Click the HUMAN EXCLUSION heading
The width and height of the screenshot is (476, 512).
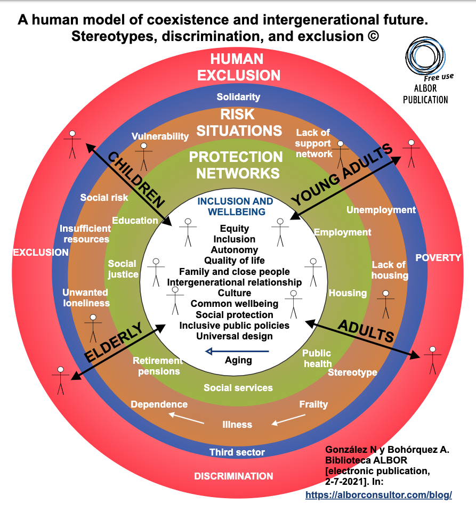tap(238, 67)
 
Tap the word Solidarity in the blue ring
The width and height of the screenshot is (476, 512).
tap(238, 97)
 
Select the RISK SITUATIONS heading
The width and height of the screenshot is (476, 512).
tap(238, 123)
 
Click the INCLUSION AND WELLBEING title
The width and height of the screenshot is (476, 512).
tap(235, 207)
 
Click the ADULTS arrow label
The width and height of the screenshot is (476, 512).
tap(366, 331)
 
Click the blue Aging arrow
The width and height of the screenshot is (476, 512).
tap(238, 351)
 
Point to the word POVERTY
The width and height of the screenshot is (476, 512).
tap(438, 258)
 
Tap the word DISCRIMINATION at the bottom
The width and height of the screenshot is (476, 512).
tap(233, 476)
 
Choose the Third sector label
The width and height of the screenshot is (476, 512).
tap(237, 452)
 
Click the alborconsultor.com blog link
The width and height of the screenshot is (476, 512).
tap(378, 495)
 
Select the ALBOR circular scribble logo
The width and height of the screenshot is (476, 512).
tap(424, 56)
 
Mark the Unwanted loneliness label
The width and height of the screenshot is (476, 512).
tap(86, 298)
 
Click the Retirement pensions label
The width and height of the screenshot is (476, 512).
tap(159, 366)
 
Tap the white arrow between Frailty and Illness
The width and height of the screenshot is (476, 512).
tap(288, 420)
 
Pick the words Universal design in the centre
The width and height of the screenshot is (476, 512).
tap(235, 336)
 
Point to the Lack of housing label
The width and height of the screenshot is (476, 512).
tap(390, 270)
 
